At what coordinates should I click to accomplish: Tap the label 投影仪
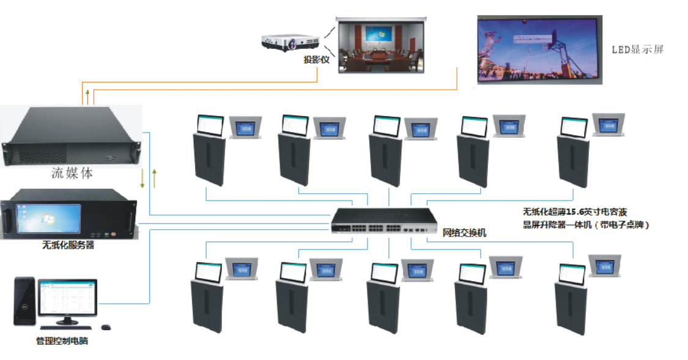316,60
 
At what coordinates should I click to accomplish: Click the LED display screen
539,49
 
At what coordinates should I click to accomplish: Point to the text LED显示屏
638,50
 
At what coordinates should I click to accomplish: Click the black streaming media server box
72,135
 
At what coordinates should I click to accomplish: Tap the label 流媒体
72,174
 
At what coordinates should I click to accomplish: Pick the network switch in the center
385,221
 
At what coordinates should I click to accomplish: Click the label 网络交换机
464,233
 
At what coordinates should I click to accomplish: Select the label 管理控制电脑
62,341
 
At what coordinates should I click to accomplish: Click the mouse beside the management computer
106,327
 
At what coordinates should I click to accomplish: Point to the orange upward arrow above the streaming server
87,95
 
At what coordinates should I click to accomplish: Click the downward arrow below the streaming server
142,178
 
